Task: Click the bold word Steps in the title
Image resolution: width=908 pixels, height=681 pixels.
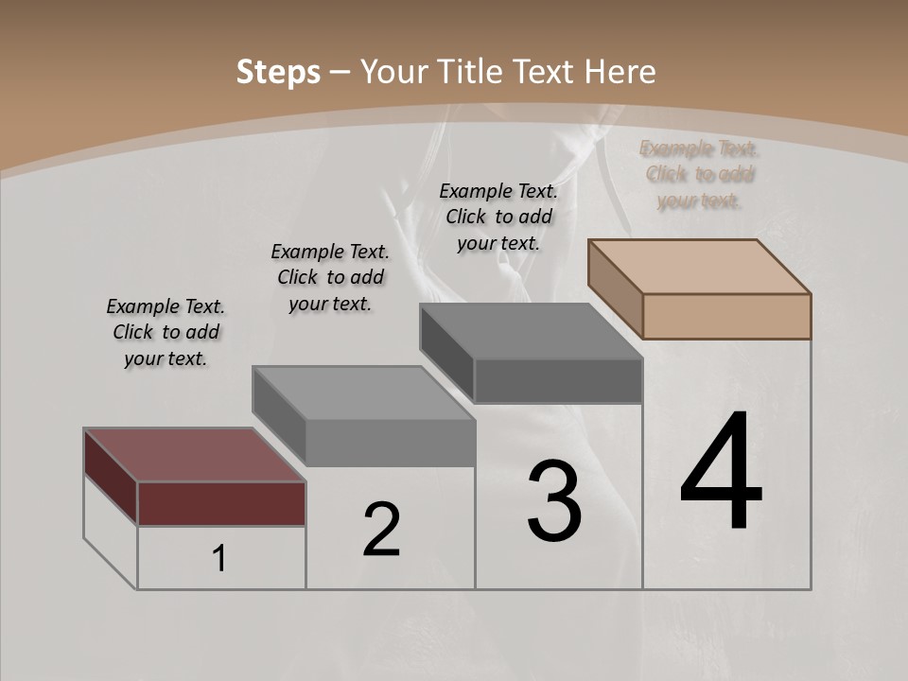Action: pyautogui.click(x=278, y=72)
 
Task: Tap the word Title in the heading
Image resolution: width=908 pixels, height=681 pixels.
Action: pyautogui.click(x=473, y=72)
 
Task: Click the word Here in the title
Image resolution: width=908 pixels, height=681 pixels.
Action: pyautogui.click(x=621, y=72)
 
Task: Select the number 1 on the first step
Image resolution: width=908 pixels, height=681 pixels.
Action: pyautogui.click(x=219, y=559)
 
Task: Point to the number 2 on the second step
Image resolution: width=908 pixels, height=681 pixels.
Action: pyautogui.click(x=382, y=530)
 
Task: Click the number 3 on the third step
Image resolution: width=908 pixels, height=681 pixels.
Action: pyautogui.click(x=554, y=501)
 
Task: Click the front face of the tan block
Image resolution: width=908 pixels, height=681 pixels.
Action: pyautogui.click(x=726, y=316)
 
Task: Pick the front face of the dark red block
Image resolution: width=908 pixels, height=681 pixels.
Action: pyautogui.click(x=221, y=503)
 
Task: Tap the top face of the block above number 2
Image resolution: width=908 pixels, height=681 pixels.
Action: pyautogui.click(x=363, y=393)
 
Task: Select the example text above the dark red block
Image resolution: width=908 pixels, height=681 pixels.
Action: pyautogui.click(x=166, y=332)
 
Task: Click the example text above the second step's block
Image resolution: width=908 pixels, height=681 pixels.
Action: pyautogui.click(x=330, y=277)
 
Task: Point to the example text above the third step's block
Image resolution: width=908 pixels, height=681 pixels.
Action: pyautogui.click(x=498, y=217)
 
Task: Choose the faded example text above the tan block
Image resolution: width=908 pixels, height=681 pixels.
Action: pyautogui.click(x=699, y=174)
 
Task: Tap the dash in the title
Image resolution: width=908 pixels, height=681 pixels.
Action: pyautogui.click(x=341, y=72)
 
